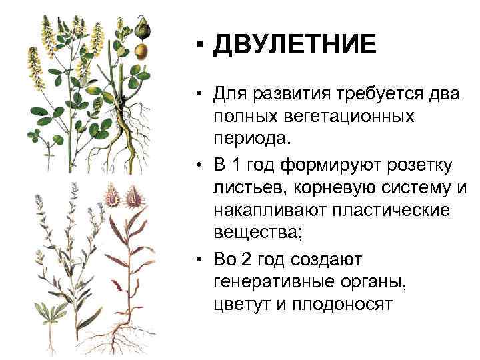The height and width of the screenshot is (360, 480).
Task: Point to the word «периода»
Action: pyautogui.click(x=251, y=140)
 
